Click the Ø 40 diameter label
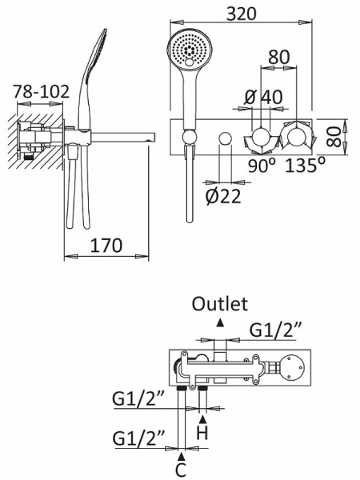[x=263, y=97]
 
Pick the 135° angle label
[x=305, y=166]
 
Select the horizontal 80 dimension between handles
[x=278, y=58]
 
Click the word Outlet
[x=220, y=303]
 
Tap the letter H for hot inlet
[x=203, y=433]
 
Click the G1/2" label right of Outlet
[x=276, y=330]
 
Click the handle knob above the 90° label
[x=261, y=137]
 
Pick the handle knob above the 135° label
[x=298, y=137]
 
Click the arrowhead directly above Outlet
[x=220, y=322]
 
